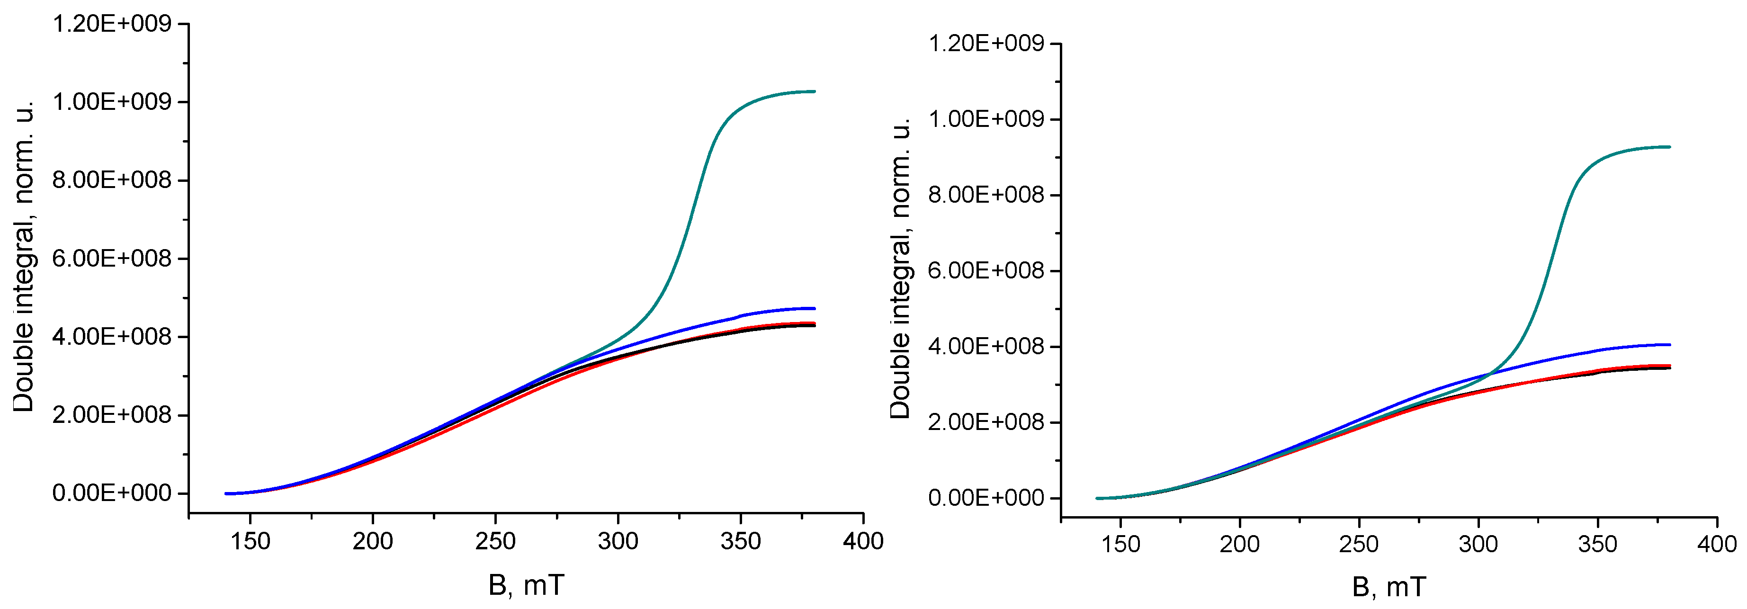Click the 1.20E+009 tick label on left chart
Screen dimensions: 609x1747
(112, 25)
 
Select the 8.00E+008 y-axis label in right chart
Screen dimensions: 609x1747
(986, 195)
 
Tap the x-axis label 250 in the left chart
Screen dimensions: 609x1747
(495, 541)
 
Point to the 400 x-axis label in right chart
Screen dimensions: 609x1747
(1717, 544)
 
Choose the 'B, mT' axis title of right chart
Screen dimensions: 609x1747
(1389, 587)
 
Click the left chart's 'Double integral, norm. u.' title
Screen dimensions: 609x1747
(24, 258)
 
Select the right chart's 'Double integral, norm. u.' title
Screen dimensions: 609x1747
(900, 268)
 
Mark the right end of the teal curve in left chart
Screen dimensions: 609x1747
(814, 91)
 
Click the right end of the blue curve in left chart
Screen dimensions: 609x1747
(814, 309)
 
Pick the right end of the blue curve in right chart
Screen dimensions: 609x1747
(1669, 344)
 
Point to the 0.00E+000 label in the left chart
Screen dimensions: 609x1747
(112, 493)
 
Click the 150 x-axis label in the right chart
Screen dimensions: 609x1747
(1120, 544)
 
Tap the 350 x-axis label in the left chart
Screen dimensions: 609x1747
(741, 541)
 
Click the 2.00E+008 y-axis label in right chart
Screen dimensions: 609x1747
(986, 422)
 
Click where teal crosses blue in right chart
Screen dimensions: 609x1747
(1489, 373)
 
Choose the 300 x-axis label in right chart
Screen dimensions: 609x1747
(1478, 544)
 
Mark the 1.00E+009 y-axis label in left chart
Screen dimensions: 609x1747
(112, 102)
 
